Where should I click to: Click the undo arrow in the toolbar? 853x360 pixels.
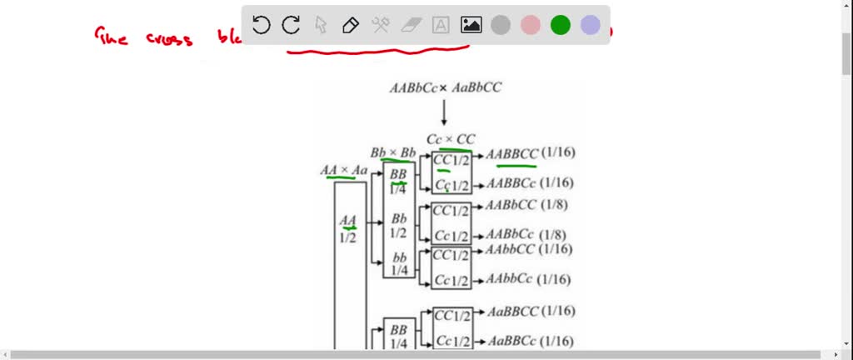coord(261,25)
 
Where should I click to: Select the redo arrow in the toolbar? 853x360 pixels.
coord(291,25)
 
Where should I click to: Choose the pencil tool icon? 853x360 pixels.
coord(351,25)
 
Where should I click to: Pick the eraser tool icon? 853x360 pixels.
coord(411,25)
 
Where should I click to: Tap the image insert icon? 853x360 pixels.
coord(471,25)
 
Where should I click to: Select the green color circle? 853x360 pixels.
coord(561,25)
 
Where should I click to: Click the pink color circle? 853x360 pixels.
coord(531,25)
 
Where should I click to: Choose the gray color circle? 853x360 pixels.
coord(501,25)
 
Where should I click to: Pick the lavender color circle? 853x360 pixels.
coord(591,25)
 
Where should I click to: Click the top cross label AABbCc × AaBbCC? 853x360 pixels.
coord(445,87)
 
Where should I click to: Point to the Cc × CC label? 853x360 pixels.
coord(451,139)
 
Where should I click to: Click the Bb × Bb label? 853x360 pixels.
coord(393,153)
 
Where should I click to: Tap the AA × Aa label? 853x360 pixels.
coord(344,170)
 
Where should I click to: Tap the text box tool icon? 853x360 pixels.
coord(441,25)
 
